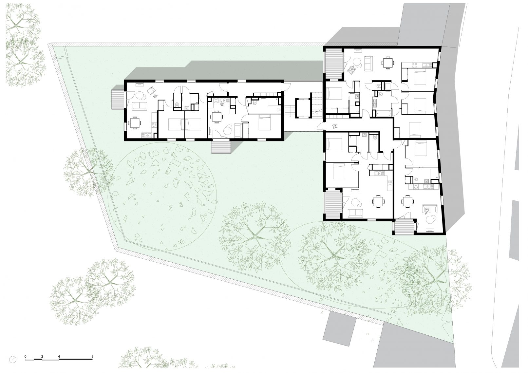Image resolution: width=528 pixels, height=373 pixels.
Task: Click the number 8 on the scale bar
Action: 92,357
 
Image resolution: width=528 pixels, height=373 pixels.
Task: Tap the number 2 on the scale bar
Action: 42,357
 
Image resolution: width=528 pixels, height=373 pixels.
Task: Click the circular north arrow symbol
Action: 13,359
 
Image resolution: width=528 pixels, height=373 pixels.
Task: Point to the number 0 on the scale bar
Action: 26,357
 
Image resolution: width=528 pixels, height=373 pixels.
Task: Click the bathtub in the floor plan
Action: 382,114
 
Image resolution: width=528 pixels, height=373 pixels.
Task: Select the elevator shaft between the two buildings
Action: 303,108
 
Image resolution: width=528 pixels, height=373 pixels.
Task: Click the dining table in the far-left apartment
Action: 134,122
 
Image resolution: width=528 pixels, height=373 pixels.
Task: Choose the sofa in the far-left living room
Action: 140,106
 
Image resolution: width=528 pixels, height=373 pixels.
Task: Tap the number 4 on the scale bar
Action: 59,357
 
